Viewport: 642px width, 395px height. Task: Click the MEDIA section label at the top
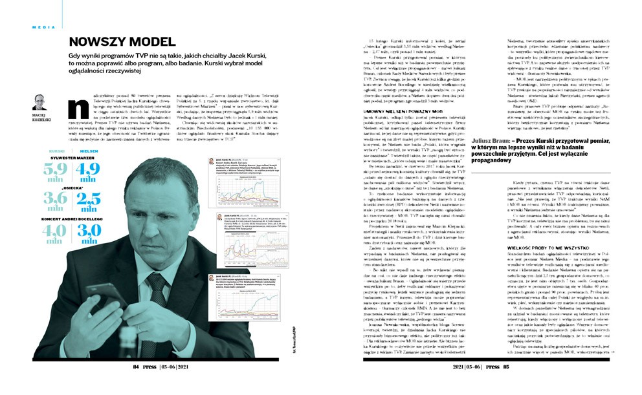click(x=42, y=27)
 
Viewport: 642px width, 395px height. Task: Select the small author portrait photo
click(x=39, y=101)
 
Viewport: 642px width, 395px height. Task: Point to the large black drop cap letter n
click(x=78, y=107)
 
